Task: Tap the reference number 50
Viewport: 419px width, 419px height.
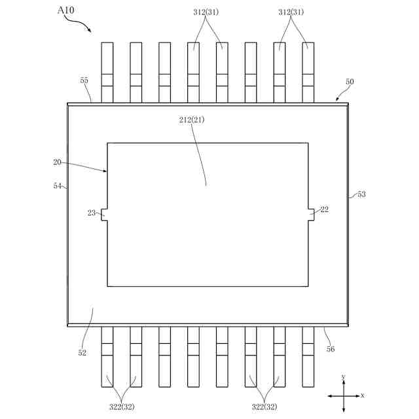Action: coord(350,82)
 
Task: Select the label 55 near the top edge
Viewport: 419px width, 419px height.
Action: coord(84,81)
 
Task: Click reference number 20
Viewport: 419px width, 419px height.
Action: coord(57,161)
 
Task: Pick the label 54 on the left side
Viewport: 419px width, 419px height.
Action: coord(58,187)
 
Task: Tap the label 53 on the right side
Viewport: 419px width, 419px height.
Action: coord(361,194)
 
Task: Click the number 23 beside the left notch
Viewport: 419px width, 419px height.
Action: coord(91,213)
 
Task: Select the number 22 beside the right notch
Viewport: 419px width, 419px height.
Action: coord(325,209)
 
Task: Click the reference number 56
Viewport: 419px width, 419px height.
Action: coord(331,350)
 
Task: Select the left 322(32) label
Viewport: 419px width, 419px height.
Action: coord(122,407)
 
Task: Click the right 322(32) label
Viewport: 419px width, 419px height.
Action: coord(264,407)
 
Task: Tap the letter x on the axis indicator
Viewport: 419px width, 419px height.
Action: coord(363,396)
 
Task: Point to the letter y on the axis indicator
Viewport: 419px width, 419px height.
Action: coord(344,377)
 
